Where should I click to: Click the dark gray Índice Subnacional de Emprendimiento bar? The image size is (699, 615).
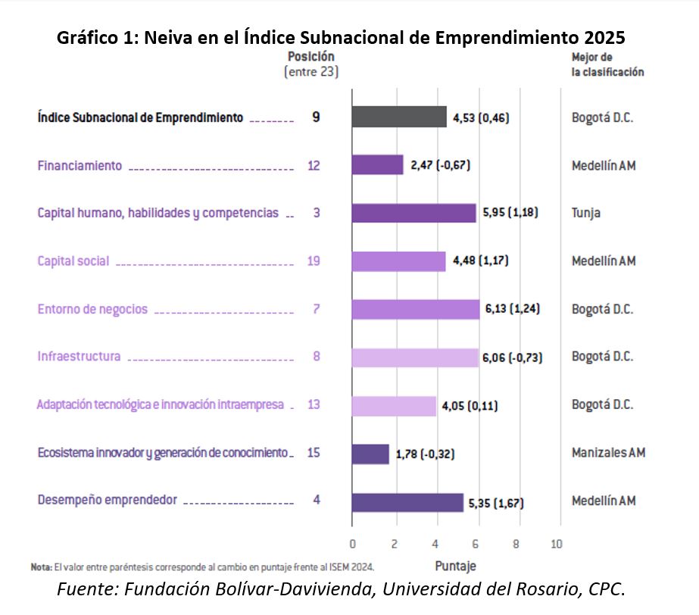[399, 117]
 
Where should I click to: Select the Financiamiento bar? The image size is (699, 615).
[377, 165]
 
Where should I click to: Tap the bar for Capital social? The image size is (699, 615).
[398, 261]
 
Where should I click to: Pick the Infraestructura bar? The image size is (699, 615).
[414, 357]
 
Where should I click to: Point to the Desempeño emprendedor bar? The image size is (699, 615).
[407, 501]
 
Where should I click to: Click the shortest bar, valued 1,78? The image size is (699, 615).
[370, 454]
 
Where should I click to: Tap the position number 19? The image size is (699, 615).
[314, 261]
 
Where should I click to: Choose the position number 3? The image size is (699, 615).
[316, 213]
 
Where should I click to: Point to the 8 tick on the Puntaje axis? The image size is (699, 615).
[516, 544]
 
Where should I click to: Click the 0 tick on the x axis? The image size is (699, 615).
[352, 544]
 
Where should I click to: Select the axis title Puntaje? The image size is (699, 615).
[455, 566]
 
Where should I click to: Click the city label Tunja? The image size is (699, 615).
[586, 213]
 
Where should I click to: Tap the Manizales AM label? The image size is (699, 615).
[608, 453]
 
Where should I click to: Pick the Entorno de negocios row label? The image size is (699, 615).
[92, 309]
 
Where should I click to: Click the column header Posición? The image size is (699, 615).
[310, 57]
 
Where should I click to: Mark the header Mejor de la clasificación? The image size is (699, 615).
[607, 65]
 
